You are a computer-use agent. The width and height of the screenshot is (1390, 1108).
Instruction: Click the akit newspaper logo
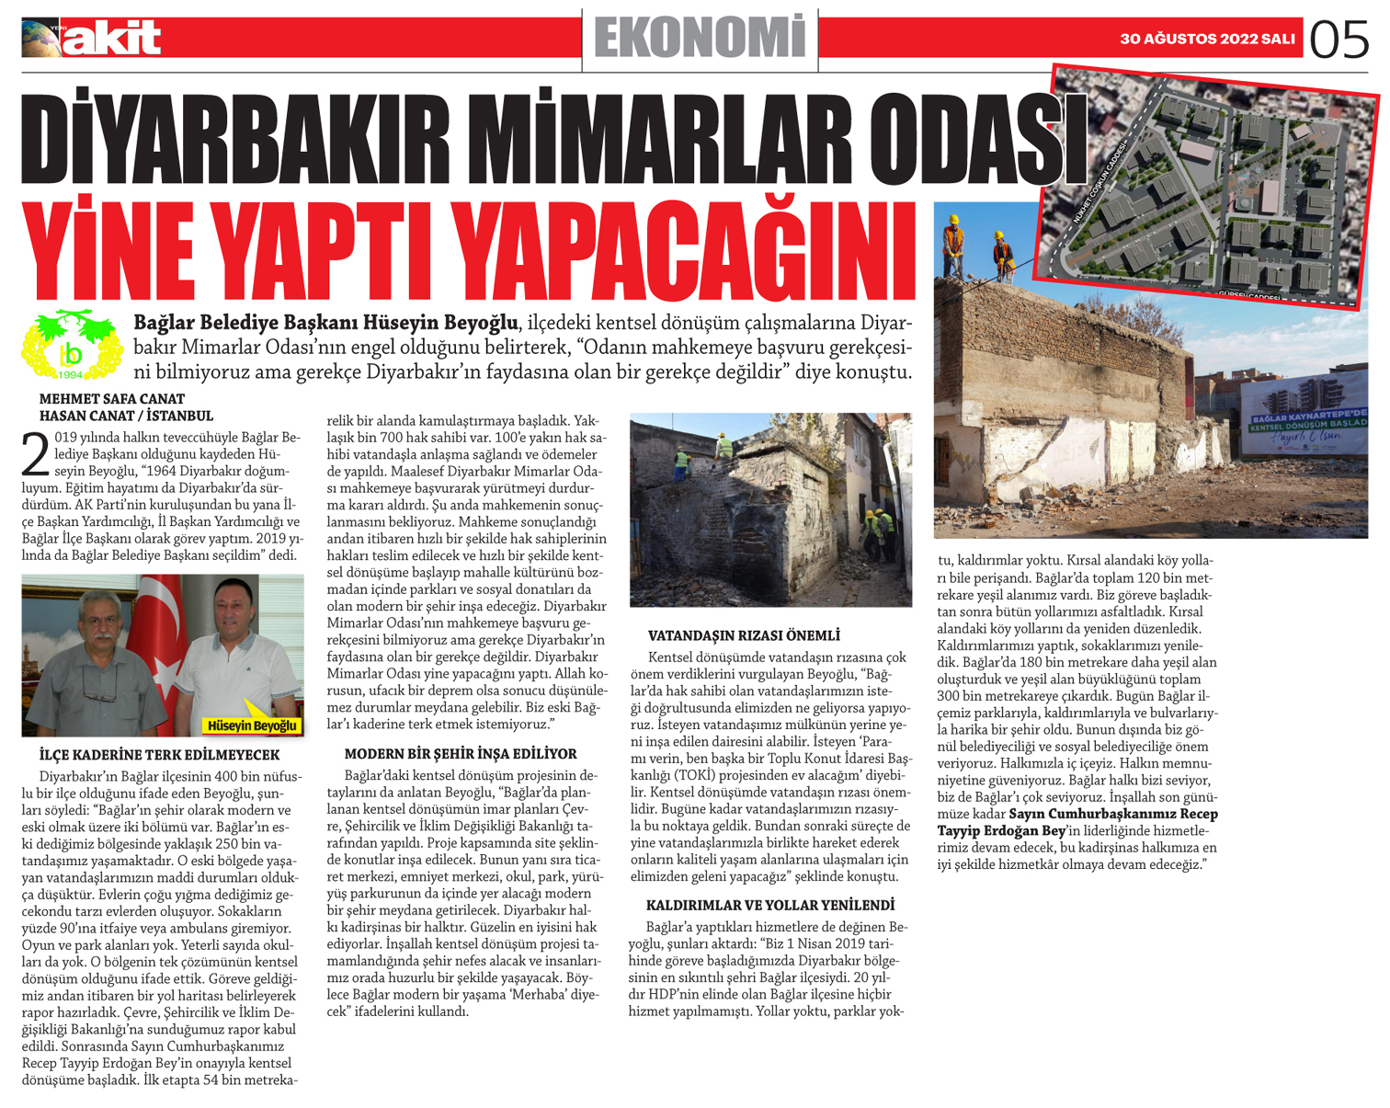tap(92, 39)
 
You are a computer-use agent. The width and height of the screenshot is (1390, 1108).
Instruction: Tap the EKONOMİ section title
tap(700, 39)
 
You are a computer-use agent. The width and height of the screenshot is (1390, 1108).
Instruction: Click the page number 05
tap(1339, 40)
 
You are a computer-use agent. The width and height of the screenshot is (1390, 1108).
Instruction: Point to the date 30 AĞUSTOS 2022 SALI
tap(1206, 40)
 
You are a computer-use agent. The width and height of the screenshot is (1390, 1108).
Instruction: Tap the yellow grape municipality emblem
tap(71, 346)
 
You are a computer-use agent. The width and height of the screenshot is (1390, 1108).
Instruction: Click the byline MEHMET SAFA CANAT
tap(112, 399)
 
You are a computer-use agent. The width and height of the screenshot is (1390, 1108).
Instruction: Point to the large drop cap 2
tap(35, 454)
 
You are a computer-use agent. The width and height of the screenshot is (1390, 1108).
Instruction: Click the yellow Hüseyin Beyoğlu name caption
tap(251, 725)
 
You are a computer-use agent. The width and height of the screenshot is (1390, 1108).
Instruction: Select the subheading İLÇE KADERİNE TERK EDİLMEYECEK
tap(159, 755)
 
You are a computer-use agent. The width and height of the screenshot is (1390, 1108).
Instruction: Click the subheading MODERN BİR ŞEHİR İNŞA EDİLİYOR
tap(461, 754)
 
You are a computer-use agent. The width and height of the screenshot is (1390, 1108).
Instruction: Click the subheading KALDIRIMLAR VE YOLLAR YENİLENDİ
tap(769, 906)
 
